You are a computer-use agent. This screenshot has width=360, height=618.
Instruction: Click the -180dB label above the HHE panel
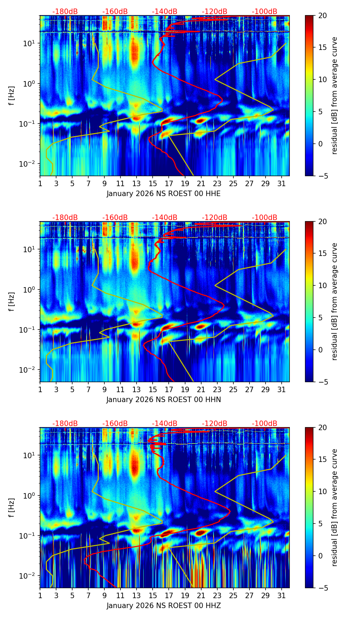[65, 12]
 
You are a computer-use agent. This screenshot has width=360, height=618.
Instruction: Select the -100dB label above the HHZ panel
[265, 424]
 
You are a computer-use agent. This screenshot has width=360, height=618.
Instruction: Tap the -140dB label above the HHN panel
[165, 218]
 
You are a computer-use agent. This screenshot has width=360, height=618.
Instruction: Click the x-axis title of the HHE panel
[164, 194]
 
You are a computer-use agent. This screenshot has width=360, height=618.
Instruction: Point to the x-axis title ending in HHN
[164, 400]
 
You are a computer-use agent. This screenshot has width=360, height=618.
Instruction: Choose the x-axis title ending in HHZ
[164, 606]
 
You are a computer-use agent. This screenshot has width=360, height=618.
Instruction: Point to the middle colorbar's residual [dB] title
[335, 301]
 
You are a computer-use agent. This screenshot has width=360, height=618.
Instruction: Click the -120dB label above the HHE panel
[215, 12]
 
